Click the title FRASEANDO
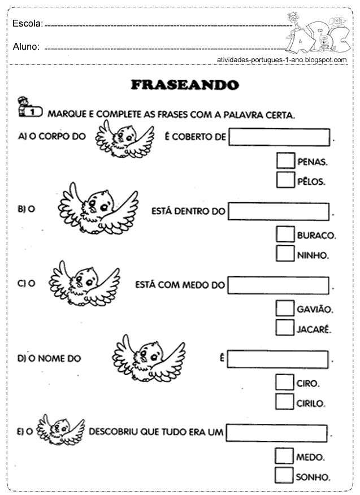click(185, 85)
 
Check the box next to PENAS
click(285, 162)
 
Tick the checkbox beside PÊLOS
click(285, 180)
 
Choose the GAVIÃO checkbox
click(284, 309)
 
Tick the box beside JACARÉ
click(284, 327)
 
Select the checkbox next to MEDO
click(284, 456)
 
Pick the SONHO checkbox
click(284, 475)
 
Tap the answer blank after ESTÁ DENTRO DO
click(279, 212)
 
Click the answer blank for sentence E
click(276, 433)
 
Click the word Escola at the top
click(27, 24)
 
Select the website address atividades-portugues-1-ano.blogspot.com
click(281, 59)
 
